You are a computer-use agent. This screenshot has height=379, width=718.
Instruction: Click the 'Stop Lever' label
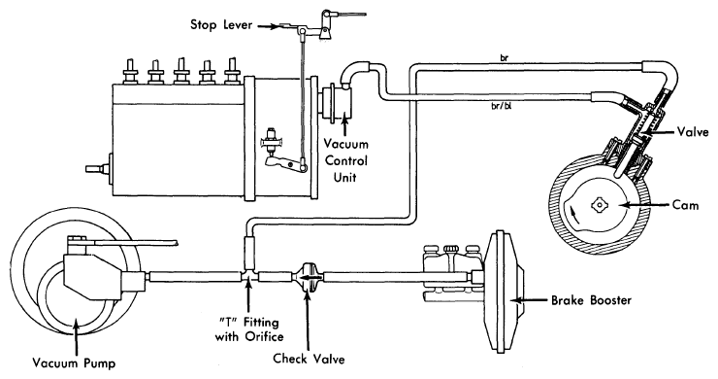[x=221, y=24]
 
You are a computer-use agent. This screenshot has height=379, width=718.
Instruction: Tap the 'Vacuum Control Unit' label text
[x=345, y=160]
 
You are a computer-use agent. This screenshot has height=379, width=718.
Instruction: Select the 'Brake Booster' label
[x=591, y=300]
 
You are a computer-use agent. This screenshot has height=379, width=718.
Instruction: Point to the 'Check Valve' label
[x=309, y=359]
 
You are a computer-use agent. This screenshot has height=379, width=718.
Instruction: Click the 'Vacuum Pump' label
[x=74, y=363]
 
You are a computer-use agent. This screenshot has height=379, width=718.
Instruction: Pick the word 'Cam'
[x=685, y=205]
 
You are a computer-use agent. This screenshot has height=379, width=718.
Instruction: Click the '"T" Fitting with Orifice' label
[x=249, y=329]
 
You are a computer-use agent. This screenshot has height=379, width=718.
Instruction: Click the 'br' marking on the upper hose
[x=505, y=58]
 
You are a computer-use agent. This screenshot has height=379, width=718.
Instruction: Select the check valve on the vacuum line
[x=308, y=277]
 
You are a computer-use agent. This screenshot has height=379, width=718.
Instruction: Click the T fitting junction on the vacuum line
[x=249, y=274]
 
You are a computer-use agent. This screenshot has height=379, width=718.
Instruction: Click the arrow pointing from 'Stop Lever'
[x=267, y=26]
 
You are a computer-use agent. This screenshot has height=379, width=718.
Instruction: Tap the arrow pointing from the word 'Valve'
[x=660, y=132]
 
